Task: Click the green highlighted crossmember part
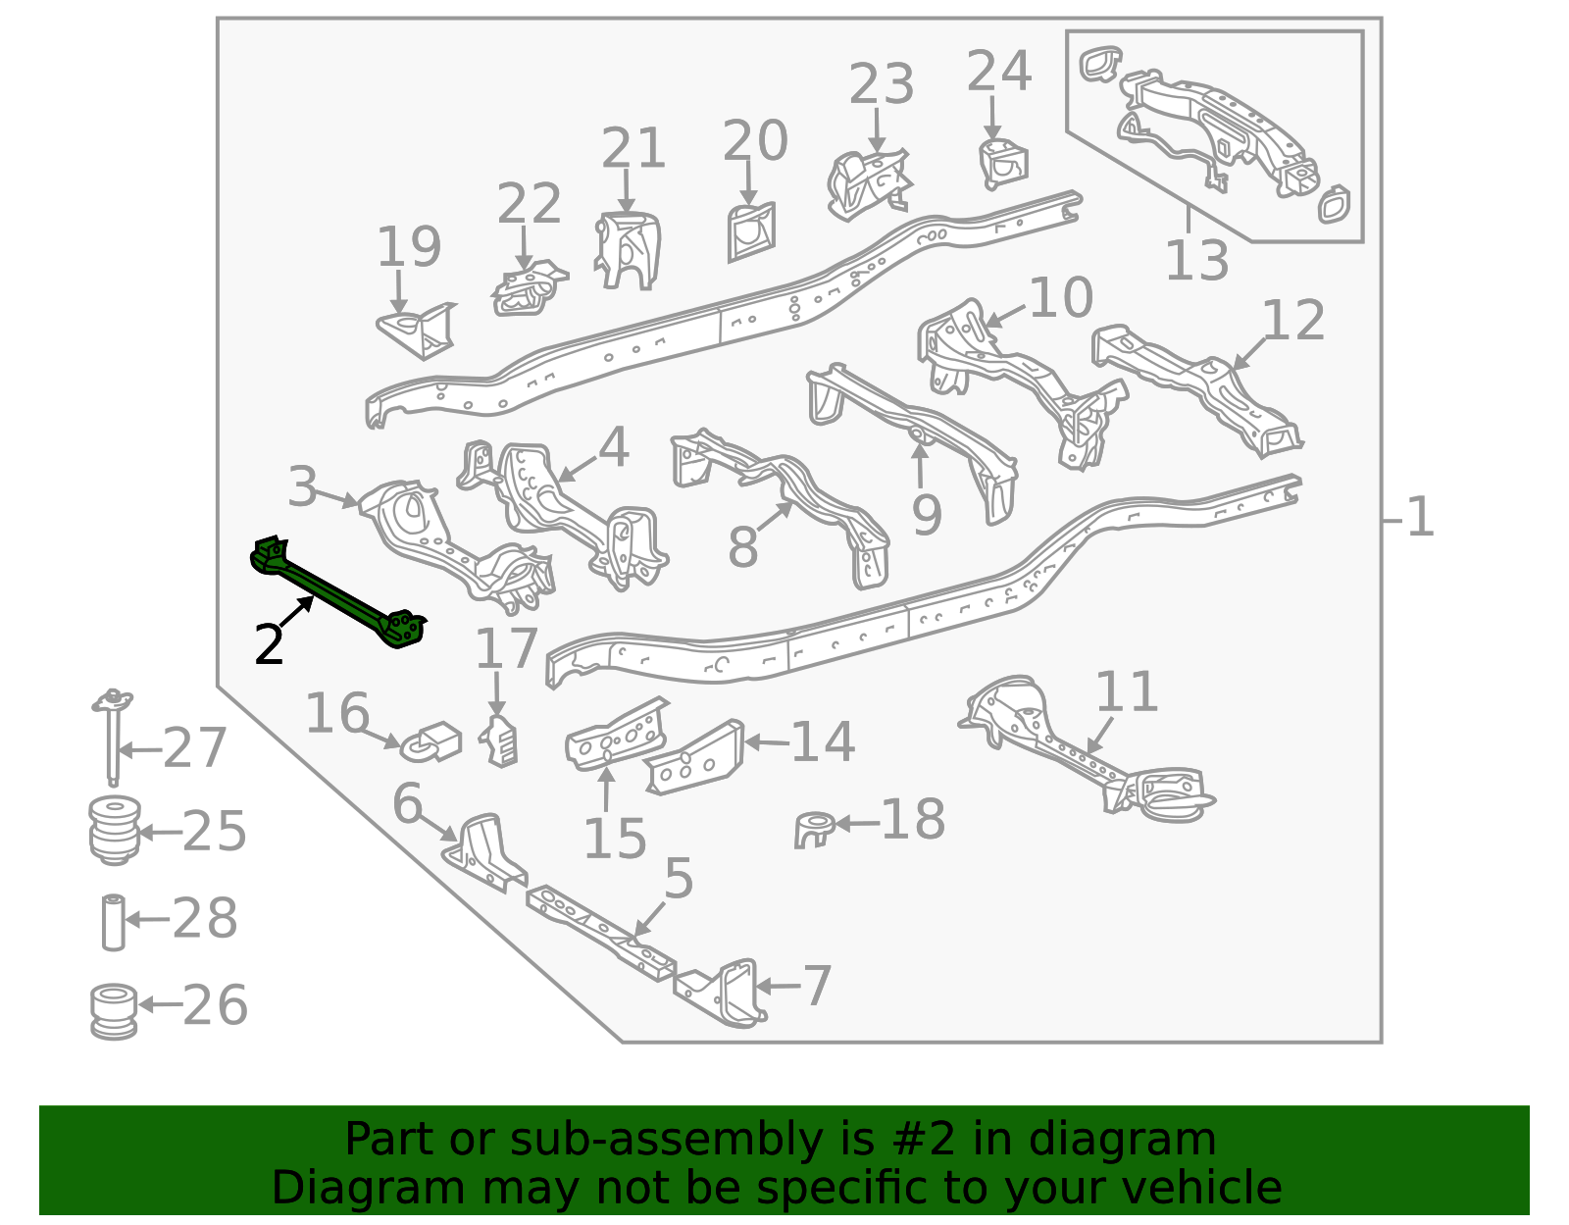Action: pyautogui.click(x=337, y=593)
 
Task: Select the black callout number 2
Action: pyautogui.click(x=270, y=644)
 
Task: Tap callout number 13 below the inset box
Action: pyautogui.click(x=1196, y=261)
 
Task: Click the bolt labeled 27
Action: pyautogui.click(x=113, y=737)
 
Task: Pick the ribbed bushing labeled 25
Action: pyautogui.click(x=114, y=830)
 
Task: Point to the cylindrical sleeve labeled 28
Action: pyautogui.click(x=114, y=922)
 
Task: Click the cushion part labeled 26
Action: pyautogui.click(x=114, y=1010)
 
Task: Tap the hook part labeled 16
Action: pyautogui.click(x=431, y=742)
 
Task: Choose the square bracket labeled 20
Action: pyautogui.click(x=751, y=231)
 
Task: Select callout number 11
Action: pyautogui.click(x=1127, y=692)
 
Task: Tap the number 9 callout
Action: pyautogui.click(x=927, y=515)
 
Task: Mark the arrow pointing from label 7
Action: pyautogui.click(x=777, y=986)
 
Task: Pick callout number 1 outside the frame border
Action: pyautogui.click(x=1420, y=517)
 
